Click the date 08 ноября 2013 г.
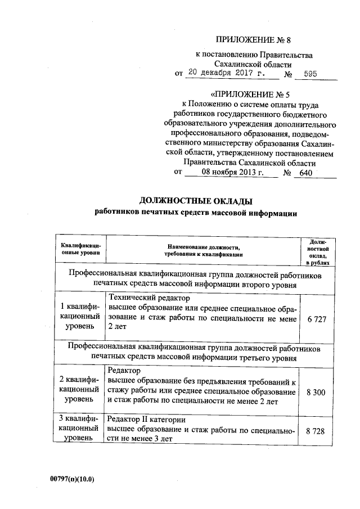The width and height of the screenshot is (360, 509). (x=231, y=173)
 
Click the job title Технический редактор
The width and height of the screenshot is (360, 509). (x=149, y=298)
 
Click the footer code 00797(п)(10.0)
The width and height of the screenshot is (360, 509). (x=71, y=479)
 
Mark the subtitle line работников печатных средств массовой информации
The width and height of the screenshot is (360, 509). (x=195, y=214)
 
